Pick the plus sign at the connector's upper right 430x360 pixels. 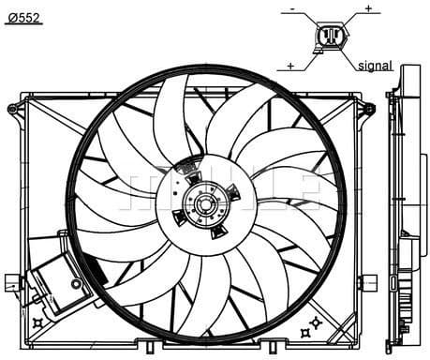coord(368,8)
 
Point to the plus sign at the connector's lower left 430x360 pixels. coord(291,66)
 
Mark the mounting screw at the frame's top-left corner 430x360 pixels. coord(12,109)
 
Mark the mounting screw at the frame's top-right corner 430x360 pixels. coord(367,109)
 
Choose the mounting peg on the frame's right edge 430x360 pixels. coord(368,280)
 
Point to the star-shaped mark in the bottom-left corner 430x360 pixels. coord(37,322)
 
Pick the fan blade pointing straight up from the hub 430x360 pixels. coord(173,117)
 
